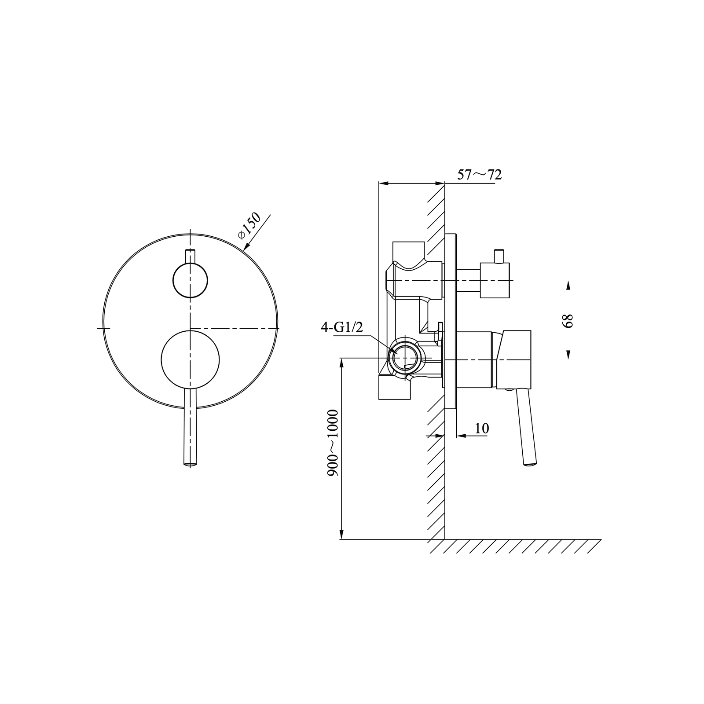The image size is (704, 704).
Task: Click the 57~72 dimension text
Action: pyautogui.click(x=479, y=175)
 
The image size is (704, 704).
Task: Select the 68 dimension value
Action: pyautogui.click(x=568, y=320)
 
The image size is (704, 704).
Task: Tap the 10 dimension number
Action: pyautogui.click(x=482, y=428)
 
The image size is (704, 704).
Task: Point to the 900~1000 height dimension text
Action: pyautogui.click(x=333, y=443)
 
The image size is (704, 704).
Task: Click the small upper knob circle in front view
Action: pyautogui.click(x=190, y=280)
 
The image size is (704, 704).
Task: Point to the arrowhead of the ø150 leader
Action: pyautogui.click(x=245, y=249)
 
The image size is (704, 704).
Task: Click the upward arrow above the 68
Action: pyautogui.click(x=568, y=286)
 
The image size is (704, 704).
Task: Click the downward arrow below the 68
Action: pyautogui.click(x=568, y=355)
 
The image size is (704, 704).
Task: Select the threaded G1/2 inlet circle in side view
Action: pyautogui.click(x=403, y=356)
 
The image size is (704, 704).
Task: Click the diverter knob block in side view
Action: pyautogui.click(x=495, y=280)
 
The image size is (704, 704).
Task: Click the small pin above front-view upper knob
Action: pyautogui.click(x=190, y=256)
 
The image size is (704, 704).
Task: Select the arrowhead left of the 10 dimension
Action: pyautogui.click(x=439, y=436)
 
